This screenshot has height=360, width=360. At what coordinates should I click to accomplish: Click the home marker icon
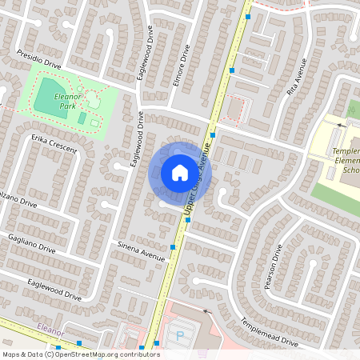tap(180, 172)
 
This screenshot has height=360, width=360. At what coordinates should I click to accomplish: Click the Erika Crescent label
tap(54, 143)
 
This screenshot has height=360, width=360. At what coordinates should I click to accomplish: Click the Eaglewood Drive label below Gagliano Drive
tap(54, 289)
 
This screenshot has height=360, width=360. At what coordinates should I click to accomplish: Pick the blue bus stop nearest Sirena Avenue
tap(174, 246)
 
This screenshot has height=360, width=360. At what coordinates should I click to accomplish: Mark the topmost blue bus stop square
tap(248, 16)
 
